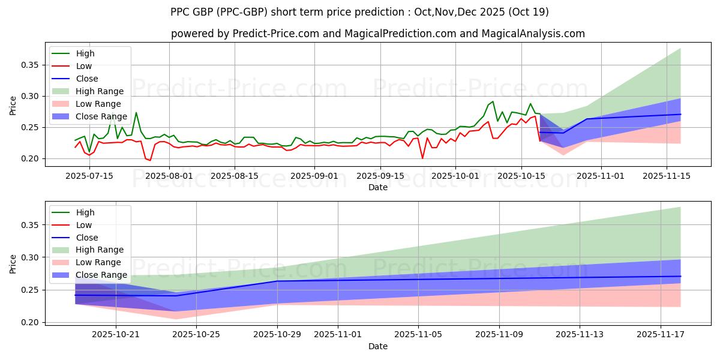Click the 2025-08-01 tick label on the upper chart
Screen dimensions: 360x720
[169, 175]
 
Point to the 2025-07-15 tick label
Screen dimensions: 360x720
[89, 175]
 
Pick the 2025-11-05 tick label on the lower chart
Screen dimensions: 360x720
[418, 334]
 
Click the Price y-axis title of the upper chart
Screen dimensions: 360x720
[13, 106]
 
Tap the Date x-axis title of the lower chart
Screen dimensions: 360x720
[378, 346]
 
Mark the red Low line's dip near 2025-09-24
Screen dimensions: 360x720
[422, 158]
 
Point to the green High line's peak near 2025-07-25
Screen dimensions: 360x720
[136, 112]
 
